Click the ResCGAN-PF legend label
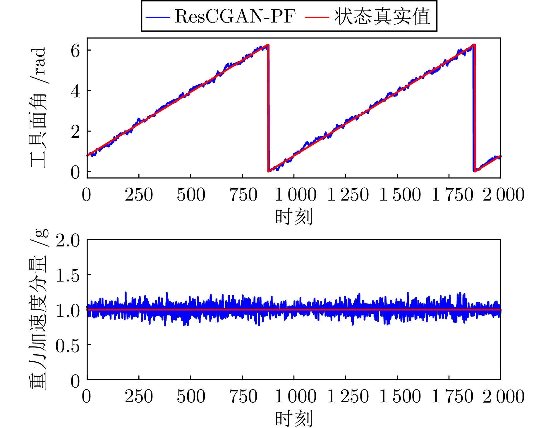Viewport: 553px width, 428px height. tap(235, 16)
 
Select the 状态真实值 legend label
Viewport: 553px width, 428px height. tap(382, 16)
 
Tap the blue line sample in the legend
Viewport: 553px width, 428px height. tap(158, 17)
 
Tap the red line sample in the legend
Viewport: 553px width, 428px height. tap(317, 17)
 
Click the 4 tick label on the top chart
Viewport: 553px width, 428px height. tap(75, 92)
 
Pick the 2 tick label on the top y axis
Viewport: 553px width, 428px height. tap(75, 132)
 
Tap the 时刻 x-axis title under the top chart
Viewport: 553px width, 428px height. tap(294, 217)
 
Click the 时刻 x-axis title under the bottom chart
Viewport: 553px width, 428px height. tap(294, 418)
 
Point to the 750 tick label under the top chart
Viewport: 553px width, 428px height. tap(243, 195)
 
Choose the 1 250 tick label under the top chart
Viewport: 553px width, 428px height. tap(348, 195)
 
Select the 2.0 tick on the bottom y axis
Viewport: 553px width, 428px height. tap(68, 241)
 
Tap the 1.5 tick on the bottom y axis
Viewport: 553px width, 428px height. tap(68, 276)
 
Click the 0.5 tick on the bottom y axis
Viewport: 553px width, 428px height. tap(68, 346)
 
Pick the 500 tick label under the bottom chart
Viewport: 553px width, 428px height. tap(191, 396)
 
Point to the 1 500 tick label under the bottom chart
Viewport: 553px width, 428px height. tap(400, 396)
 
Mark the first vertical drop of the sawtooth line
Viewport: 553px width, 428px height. tap(268, 108)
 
